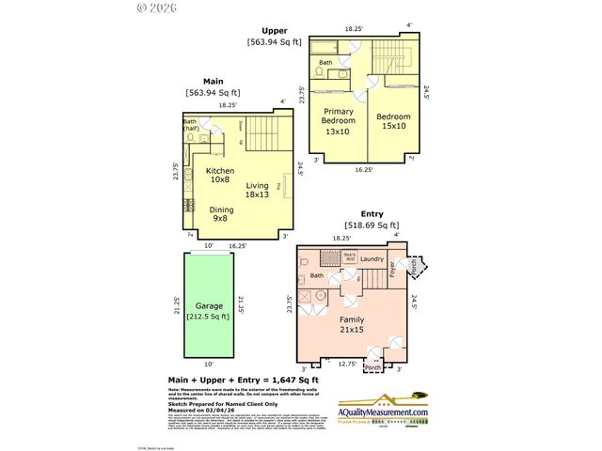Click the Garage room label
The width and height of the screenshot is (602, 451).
(210, 306)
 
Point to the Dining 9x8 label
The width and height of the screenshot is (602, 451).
(222, 215)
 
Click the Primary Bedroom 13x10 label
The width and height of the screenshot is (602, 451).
(339, 126)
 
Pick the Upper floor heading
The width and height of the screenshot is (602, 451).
(275, 30)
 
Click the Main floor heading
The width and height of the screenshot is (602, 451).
(213, 81)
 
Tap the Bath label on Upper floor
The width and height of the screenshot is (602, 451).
(325, 63)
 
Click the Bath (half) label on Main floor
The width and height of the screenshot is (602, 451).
(190, 126)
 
